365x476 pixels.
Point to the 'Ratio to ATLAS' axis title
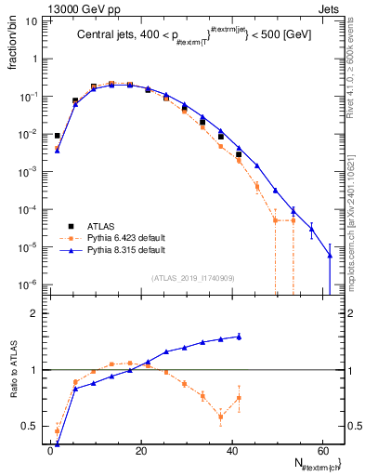point(13,371)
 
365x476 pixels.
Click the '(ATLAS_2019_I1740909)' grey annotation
point(193,278)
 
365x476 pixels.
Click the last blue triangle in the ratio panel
point(239,337)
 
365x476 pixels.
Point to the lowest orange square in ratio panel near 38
point(221,416)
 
